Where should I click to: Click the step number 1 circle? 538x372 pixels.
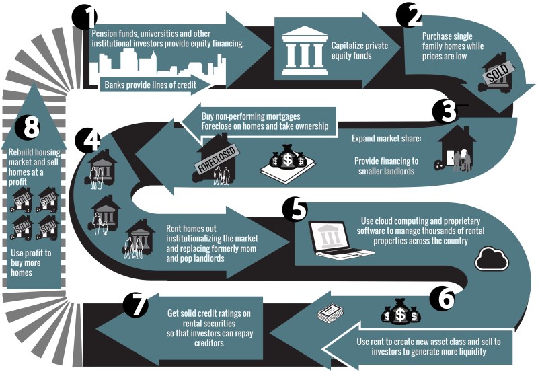click(x=83, y=16)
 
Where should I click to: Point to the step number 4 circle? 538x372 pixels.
click(x=87, y=139)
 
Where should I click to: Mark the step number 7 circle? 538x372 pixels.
click(x=137, y=307)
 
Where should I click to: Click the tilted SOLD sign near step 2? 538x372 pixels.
click(x=498, y=73)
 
